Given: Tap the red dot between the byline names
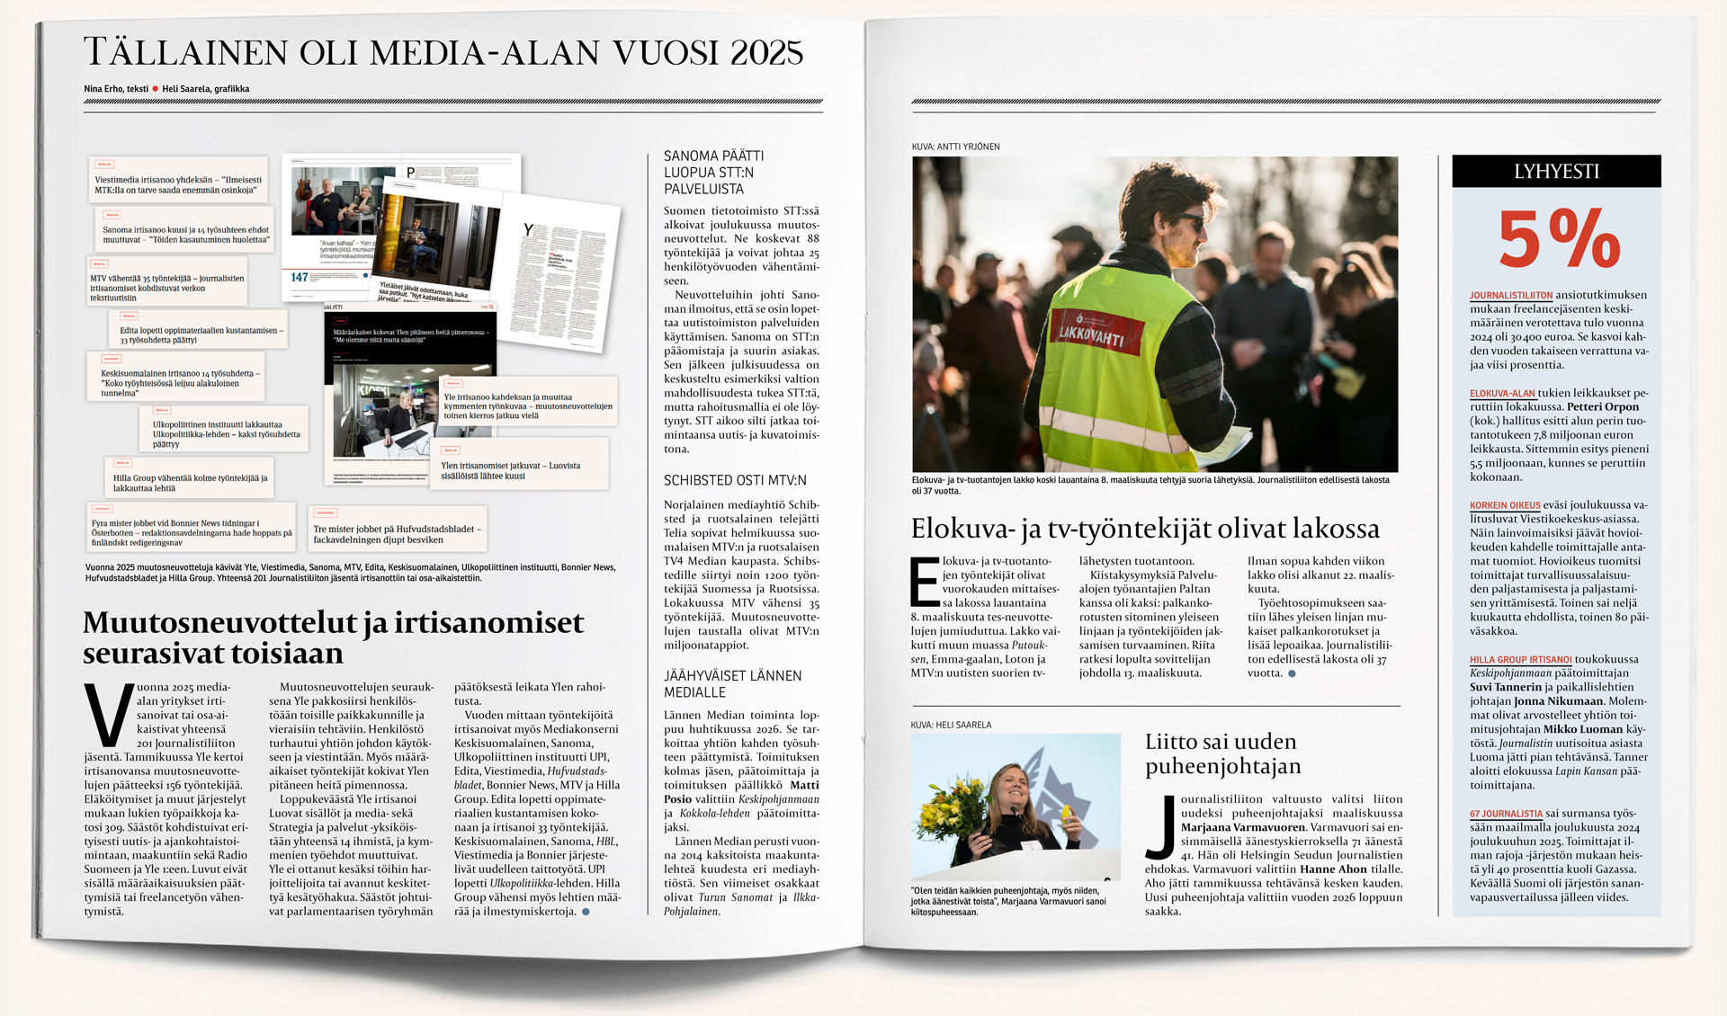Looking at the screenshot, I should [156, 89].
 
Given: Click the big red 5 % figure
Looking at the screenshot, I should [1558, 239].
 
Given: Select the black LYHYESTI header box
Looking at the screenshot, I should [1556, 172].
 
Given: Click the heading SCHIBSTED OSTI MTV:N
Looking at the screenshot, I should [735, 481].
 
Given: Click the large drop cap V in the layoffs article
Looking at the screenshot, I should [109, 715].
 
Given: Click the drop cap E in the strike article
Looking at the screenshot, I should [925, 582].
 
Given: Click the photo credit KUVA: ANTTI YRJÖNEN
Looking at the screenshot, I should [955, 147].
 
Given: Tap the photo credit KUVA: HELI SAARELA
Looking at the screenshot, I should [951, 725].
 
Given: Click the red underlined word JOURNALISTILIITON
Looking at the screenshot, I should [1511, 295].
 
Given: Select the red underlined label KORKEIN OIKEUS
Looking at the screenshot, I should [1505, 505].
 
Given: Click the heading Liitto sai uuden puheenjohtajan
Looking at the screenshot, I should [1222, 753].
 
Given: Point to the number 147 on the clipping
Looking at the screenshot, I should [300, 277].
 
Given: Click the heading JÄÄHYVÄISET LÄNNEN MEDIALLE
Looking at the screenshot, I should [732, 684].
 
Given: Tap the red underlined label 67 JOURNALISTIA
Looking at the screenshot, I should [1506, 814].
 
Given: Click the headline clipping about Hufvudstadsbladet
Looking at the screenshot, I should [398, 534].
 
